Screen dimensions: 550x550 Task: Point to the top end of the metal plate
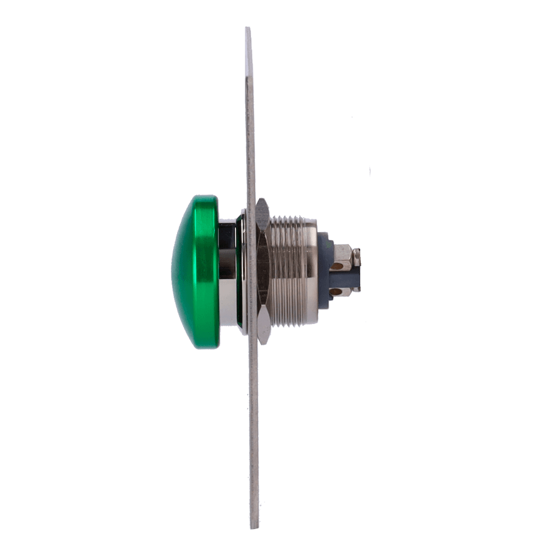click(249, 30)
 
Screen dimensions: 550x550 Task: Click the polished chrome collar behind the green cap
click(227, 272)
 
